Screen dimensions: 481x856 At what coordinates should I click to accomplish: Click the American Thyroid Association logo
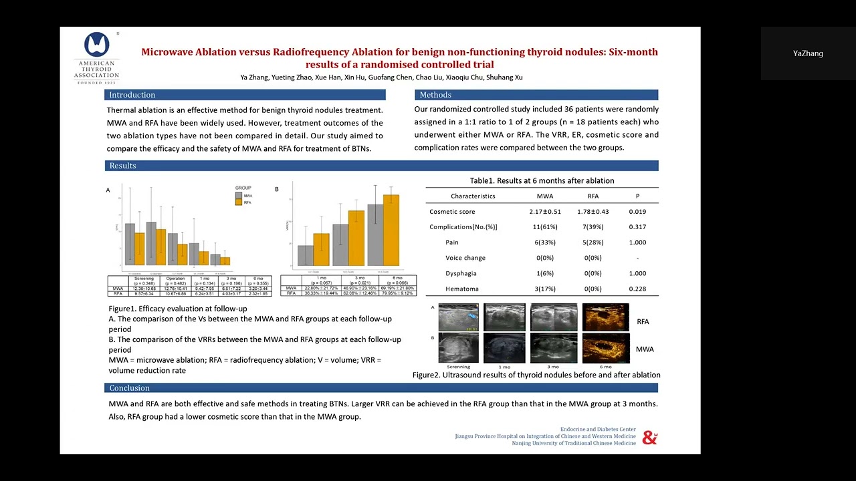click(x=96, y=57)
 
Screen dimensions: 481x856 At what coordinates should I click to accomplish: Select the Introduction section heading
click(x=132, y=95)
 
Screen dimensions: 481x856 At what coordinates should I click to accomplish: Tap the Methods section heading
click(x=435, y=95)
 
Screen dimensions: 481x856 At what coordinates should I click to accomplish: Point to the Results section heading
click(x=122, y=166)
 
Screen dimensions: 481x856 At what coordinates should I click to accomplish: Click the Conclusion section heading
click(x=129, y=388)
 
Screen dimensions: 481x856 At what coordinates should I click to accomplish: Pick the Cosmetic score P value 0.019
click(x=637, y=212)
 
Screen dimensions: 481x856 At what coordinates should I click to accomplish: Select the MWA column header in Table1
click(x=545, y=196)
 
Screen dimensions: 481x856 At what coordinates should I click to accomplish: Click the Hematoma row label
click(x=462, y=289)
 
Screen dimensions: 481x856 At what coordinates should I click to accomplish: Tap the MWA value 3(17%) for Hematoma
click(x=545, y=289)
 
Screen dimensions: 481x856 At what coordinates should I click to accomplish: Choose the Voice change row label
click(x=465, y=258)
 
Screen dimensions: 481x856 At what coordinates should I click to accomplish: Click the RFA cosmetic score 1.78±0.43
click(x=593, y=212)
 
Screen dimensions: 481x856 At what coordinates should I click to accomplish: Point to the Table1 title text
click(x=542, y=181)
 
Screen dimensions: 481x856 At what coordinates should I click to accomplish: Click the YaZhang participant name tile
click(x=808, y=53)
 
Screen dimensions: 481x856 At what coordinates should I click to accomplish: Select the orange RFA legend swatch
click(x=239, y=202)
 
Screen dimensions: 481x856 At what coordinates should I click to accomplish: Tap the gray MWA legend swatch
click(x=239, y=196)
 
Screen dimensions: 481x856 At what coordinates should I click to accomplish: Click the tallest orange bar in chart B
click(x=391, y=230)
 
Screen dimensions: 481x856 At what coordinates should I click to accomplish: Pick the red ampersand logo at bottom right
click(x=649, y=438)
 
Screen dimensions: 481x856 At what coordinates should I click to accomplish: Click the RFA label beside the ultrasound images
click(x=643, y=322)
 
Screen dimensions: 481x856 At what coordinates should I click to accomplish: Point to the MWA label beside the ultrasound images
click(x=645, y=349)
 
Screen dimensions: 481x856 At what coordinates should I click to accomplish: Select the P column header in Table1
click(x=637, y=196)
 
